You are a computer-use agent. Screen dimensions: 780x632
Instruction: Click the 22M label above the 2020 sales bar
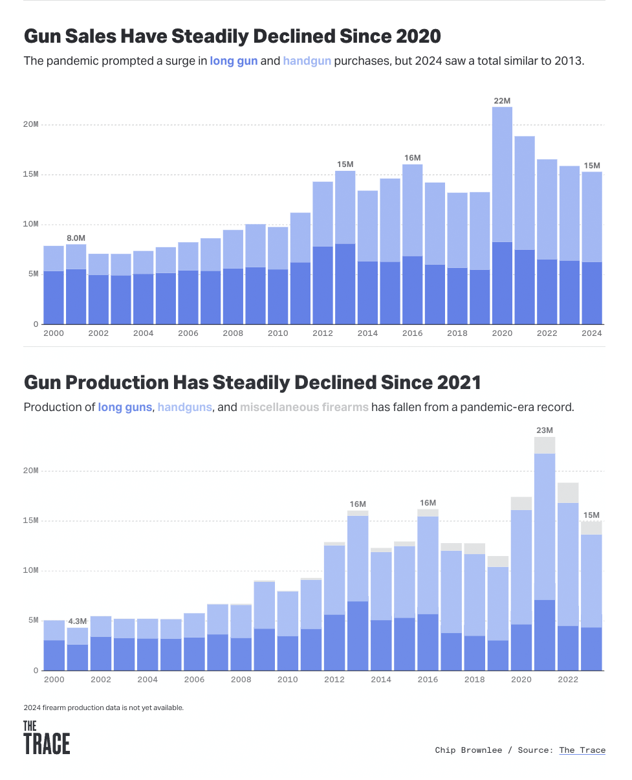point(502,101)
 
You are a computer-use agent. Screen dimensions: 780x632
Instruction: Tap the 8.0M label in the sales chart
point(76,238)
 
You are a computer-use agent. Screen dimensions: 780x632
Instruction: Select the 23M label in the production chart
point(545,430)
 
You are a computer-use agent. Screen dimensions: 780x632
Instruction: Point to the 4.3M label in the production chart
point(77,621)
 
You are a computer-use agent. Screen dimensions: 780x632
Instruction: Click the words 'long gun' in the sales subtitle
point(234,61)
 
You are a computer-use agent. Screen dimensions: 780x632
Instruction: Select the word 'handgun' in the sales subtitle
point(307,61)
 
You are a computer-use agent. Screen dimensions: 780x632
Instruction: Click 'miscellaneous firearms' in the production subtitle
point(304,407)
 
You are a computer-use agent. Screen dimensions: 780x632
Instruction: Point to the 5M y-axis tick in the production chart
point(32,620)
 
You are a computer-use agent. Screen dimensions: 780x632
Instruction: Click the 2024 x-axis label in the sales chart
point(591,333)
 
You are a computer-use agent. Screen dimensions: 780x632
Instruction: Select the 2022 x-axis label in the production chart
point(568,680)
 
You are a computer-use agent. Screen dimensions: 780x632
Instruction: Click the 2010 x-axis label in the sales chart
point(278,333)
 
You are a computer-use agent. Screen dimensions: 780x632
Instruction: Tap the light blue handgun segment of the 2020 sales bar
point(502,175)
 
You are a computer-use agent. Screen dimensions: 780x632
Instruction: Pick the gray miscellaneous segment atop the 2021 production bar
point(545,445)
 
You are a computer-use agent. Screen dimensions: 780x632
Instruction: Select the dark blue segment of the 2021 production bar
point(545,634)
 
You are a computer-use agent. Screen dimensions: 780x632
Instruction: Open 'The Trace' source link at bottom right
point(582,750)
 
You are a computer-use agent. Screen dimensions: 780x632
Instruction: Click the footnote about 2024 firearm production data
point(104,708)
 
